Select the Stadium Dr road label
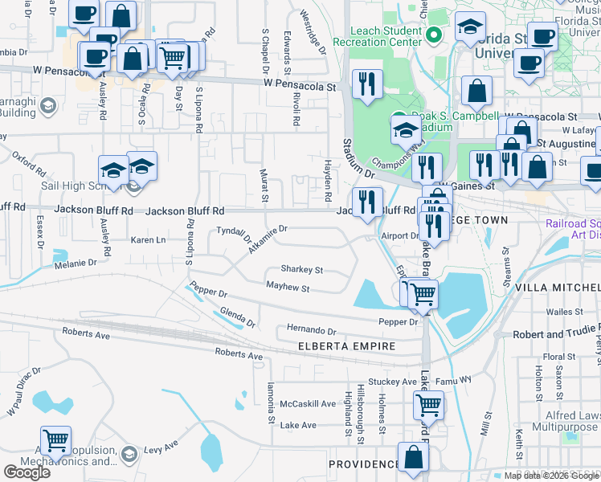tap(358, 158)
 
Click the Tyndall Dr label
tap(235, 235)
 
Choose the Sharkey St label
tap(301, 270)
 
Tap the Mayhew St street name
tap(288, 288)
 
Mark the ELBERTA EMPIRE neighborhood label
tap(346, 346)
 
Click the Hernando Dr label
tap(311, 330)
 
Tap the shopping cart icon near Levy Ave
tap(55, 440)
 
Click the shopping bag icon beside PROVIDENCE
tap(413, 457)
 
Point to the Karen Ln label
tap(148, 240)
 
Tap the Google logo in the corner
tap(27, 472)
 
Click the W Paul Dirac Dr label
tap(22, 393)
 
